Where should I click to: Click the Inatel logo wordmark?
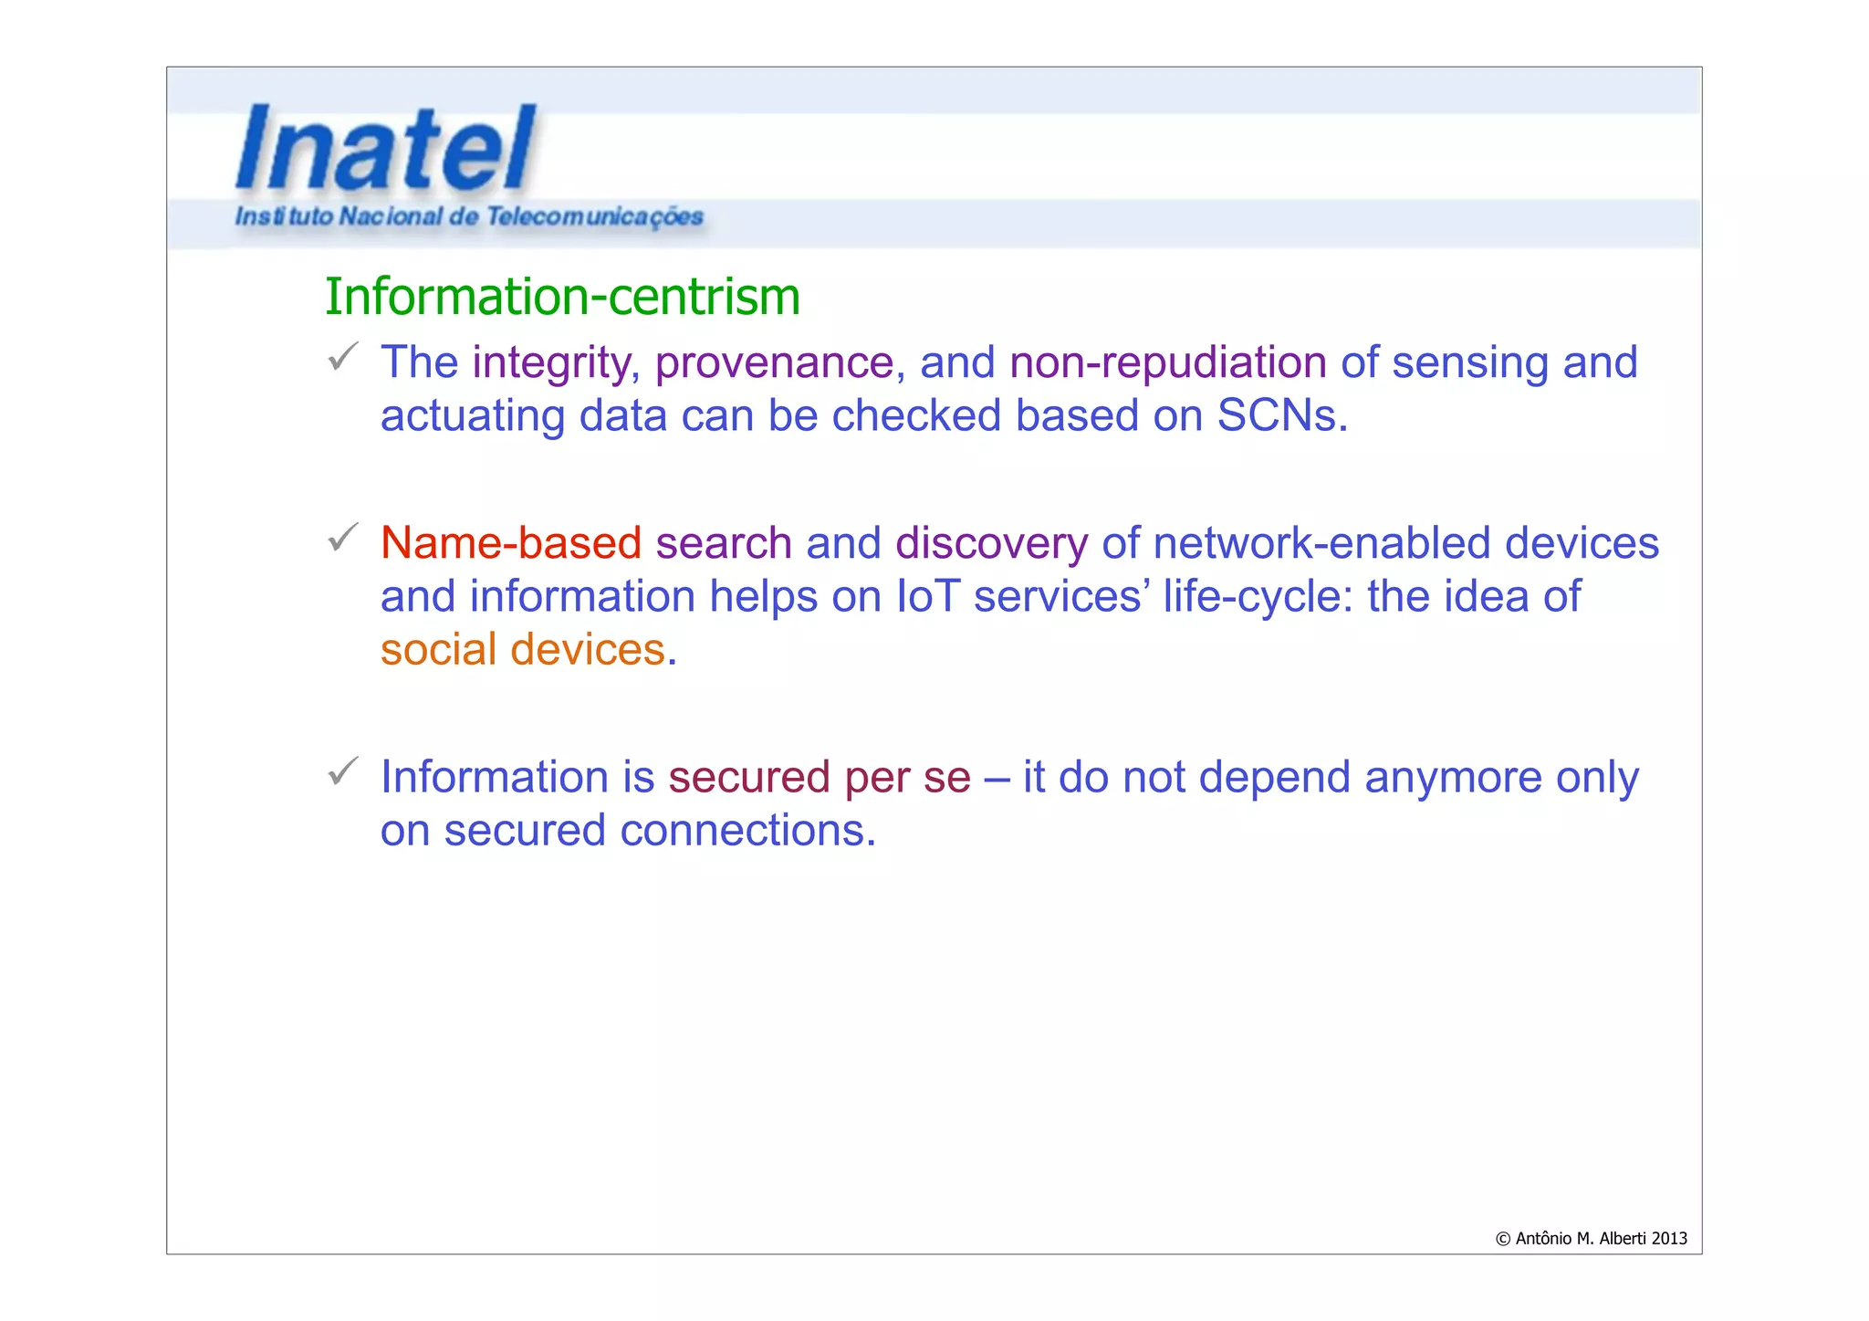pyautogui.click(x=385, y=148)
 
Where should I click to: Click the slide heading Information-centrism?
pyautogui.click(x=562, y=297)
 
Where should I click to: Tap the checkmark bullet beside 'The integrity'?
pyautogui.click(x=342, y=356)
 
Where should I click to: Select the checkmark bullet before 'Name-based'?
pyautogui.click(x=342, y=537)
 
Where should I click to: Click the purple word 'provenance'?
pyautogui.click(x=774, y=362)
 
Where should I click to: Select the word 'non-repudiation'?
pyautogui.click(x=1167, y=362)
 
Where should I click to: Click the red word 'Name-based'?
pyautogui.click(x=511, y=543)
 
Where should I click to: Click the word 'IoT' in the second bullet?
pyautogui.click(x=928, y=596)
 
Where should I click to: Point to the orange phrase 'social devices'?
pyautogui.click(x=522, y=649)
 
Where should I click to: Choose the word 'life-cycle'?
pyautogui.click(x=1256, y=596)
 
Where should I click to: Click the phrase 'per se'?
pyautogui.click(x=907, y=777)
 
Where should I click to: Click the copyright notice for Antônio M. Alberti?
pyautogui.click(x=1591, y=1238)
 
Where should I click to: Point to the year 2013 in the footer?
pyautogui.click(x=1669, y=1238)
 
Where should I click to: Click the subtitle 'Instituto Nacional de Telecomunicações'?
pyautogui.click(x=469, y=216)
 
